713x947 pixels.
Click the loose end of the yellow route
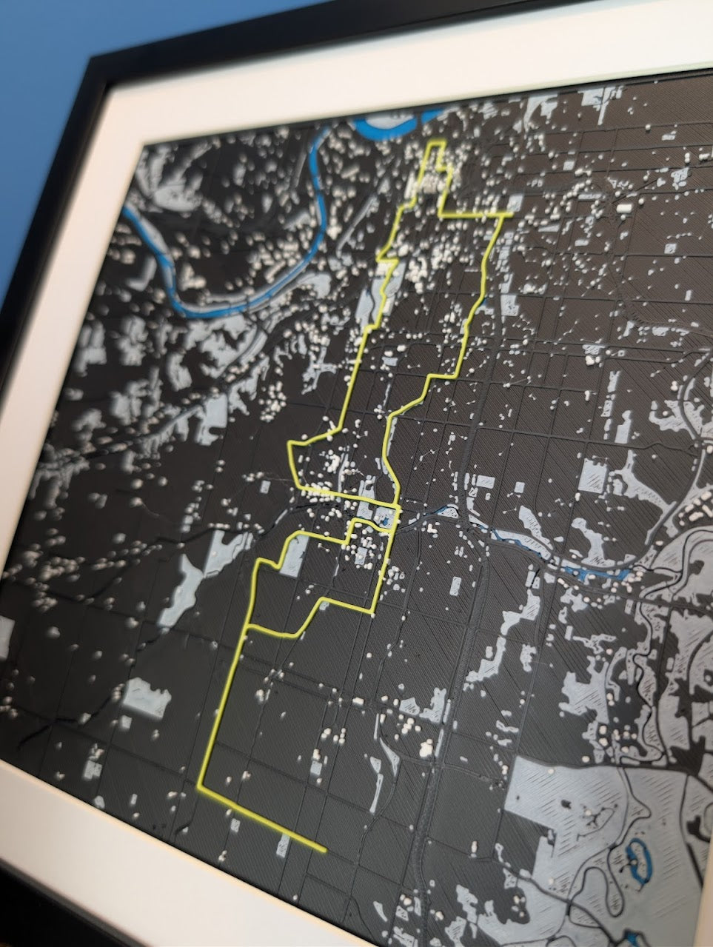(x=324, y=850)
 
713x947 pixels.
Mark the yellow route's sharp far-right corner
(x=512, y=215)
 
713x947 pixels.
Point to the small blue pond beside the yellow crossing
(x=386, y=523)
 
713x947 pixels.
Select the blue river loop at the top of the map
(x=392, y=122)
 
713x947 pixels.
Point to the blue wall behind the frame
(x=37, y=111)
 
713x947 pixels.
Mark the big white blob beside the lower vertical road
(x=426, y=749)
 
